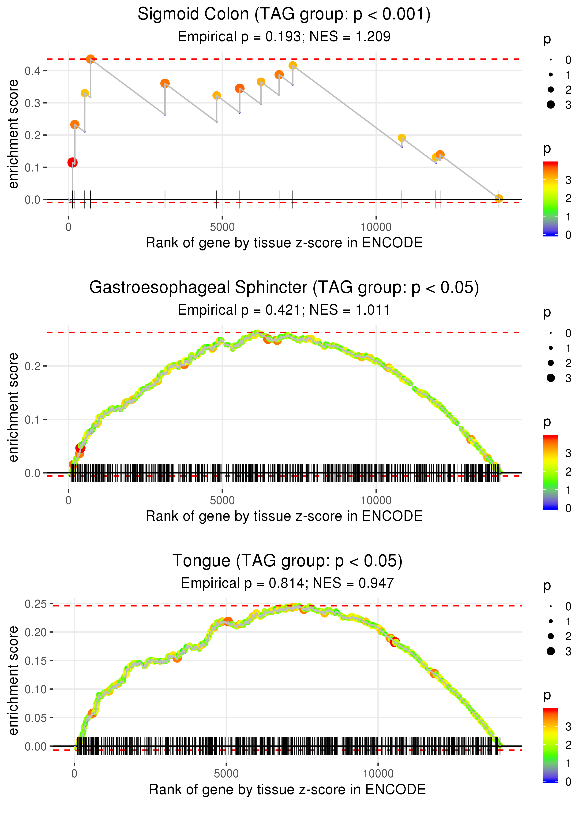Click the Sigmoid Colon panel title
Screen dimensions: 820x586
tap(284, 15)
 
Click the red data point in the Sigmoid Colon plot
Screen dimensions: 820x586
tap(72, 163)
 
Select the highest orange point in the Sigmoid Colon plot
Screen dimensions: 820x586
tap(90, 59)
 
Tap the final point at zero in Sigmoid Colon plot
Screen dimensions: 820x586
tap(499, 198)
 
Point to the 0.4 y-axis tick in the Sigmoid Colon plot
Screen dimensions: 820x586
tap(33, 71)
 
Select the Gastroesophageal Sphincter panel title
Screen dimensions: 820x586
tap(284, 288)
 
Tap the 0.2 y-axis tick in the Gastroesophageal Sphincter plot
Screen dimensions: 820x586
tap(33, 366)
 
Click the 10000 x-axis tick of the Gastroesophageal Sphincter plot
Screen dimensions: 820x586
tap(376, 500)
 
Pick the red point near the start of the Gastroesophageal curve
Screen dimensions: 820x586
tap(80, 448)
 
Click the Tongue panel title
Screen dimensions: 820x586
tap(287, 561)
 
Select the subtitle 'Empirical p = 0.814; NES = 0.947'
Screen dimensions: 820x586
tap(287, 583)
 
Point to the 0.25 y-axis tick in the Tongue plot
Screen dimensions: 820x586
tap(36, 604)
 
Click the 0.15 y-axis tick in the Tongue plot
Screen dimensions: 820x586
tap(36, 661)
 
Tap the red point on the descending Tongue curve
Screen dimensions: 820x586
tap(395, 642)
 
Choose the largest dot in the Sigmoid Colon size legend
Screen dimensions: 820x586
tap(551, 104)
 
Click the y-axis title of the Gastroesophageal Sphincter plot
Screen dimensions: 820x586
tap(14, 407)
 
